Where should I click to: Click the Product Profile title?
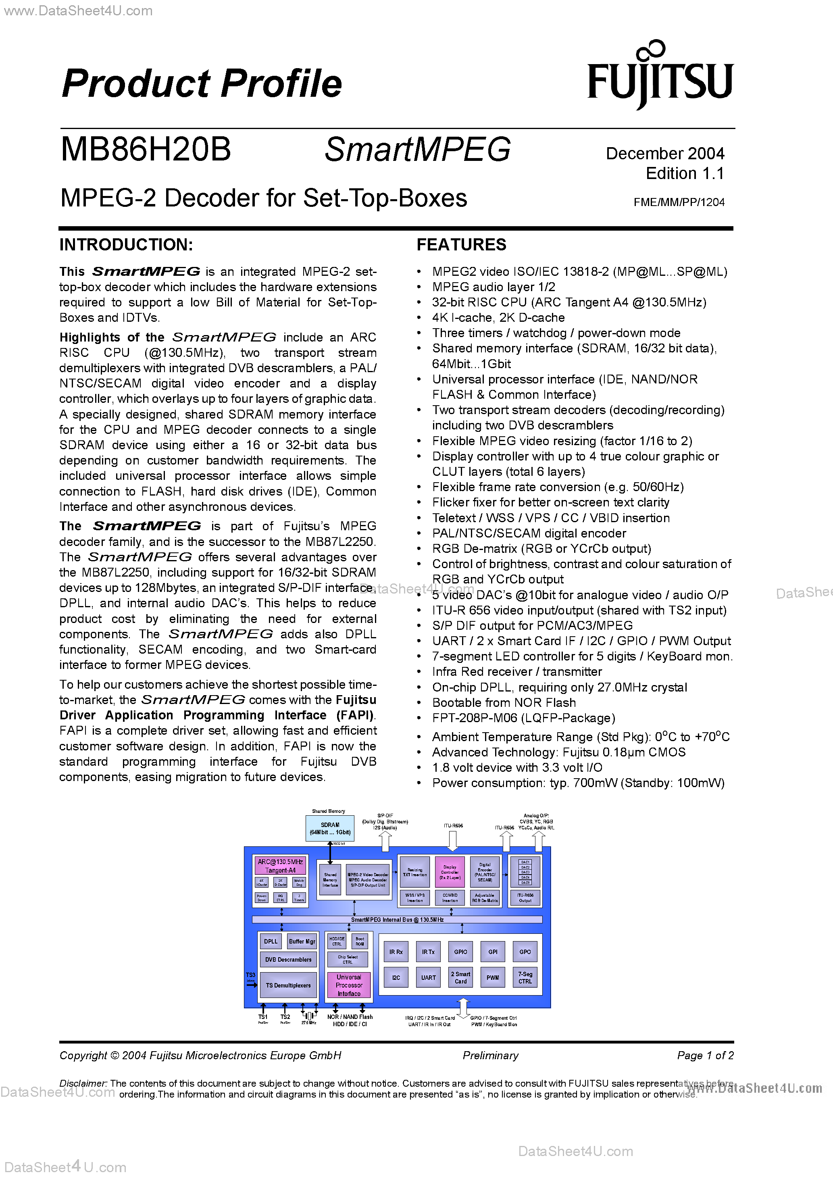coord(202,83)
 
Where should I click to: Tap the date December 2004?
coord(664,154)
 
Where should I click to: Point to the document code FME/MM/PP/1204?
coord(679,202)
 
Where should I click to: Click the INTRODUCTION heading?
coord(126,245)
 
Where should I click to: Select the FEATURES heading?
coord(461,245)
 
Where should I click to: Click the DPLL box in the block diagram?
coord(271,941)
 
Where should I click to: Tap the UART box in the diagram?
coord(428,978)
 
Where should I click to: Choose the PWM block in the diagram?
coord(493,978)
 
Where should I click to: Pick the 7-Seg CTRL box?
coord(525,978)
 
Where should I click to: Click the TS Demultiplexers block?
coord(288,985)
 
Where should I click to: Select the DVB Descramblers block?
coord(288,959)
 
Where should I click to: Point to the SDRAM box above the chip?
coord(330,828)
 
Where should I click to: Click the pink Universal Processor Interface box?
coord(349,985)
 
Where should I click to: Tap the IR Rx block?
coord(396,952)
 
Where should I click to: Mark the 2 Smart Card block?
coord(461,978)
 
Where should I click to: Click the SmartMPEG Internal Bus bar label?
coord(397,920)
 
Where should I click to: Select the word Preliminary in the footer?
coord(490,1055)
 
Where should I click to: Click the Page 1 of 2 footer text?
coord(705,1055)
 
